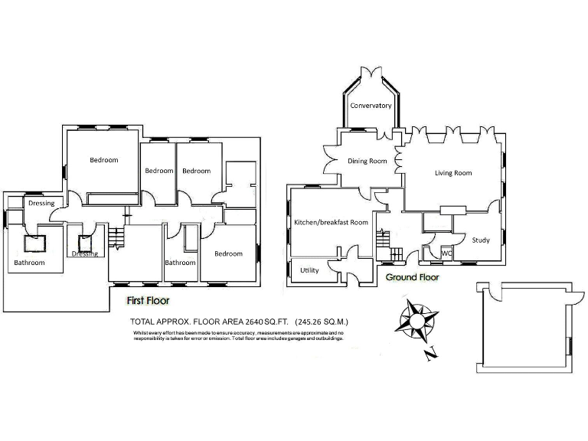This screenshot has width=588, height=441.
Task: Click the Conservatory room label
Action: coord(371,106)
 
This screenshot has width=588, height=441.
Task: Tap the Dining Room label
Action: coord(367,161)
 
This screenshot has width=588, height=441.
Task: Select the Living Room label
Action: coord(453,173)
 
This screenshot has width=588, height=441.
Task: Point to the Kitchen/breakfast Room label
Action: coord(331,222)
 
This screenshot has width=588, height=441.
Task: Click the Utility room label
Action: coord(309,270)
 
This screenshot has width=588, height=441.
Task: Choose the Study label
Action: coord(481,240)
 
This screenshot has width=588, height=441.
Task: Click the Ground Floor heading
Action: coord(412,277)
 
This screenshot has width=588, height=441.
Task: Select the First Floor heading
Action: coord(148,301)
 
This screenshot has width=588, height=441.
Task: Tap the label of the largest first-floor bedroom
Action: coord(104,160)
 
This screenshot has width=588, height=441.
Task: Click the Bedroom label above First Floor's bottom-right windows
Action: coord(228,253)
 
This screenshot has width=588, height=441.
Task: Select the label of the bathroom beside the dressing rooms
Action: coord(29,263)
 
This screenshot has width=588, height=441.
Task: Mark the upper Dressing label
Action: coord(41,204)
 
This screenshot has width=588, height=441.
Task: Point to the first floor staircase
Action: coord(115,238)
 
